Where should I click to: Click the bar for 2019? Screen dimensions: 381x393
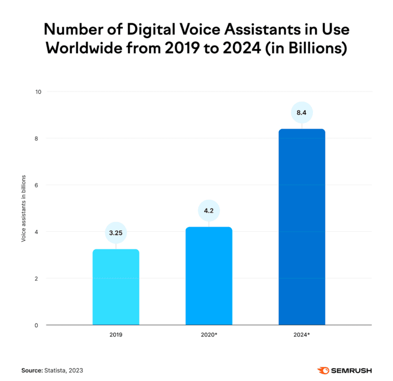(116, 287)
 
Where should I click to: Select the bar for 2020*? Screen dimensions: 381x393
(209, 276)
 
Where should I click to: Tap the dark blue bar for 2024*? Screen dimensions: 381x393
(302, 227)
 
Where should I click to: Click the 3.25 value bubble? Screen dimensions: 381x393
(116, 232)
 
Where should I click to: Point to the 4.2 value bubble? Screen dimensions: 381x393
(209, 210)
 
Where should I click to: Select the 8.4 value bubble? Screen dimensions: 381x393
(302, 112)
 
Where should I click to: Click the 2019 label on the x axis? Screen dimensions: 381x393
(116, 335)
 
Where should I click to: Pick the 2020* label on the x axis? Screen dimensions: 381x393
(209, 335)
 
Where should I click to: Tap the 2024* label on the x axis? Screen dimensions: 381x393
(302, 335)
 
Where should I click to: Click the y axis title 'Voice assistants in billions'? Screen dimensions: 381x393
(23, 209)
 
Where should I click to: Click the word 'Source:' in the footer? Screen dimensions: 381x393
(32, 370)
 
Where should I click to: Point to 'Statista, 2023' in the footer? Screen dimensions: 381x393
(63, 370)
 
